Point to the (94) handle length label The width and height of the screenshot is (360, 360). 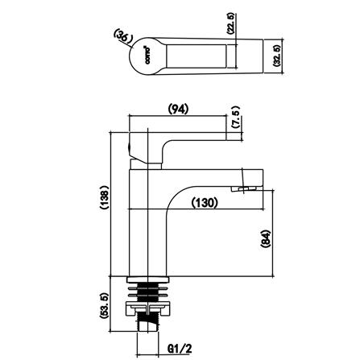178,109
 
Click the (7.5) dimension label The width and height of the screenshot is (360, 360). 235,118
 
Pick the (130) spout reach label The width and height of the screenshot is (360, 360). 204,203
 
